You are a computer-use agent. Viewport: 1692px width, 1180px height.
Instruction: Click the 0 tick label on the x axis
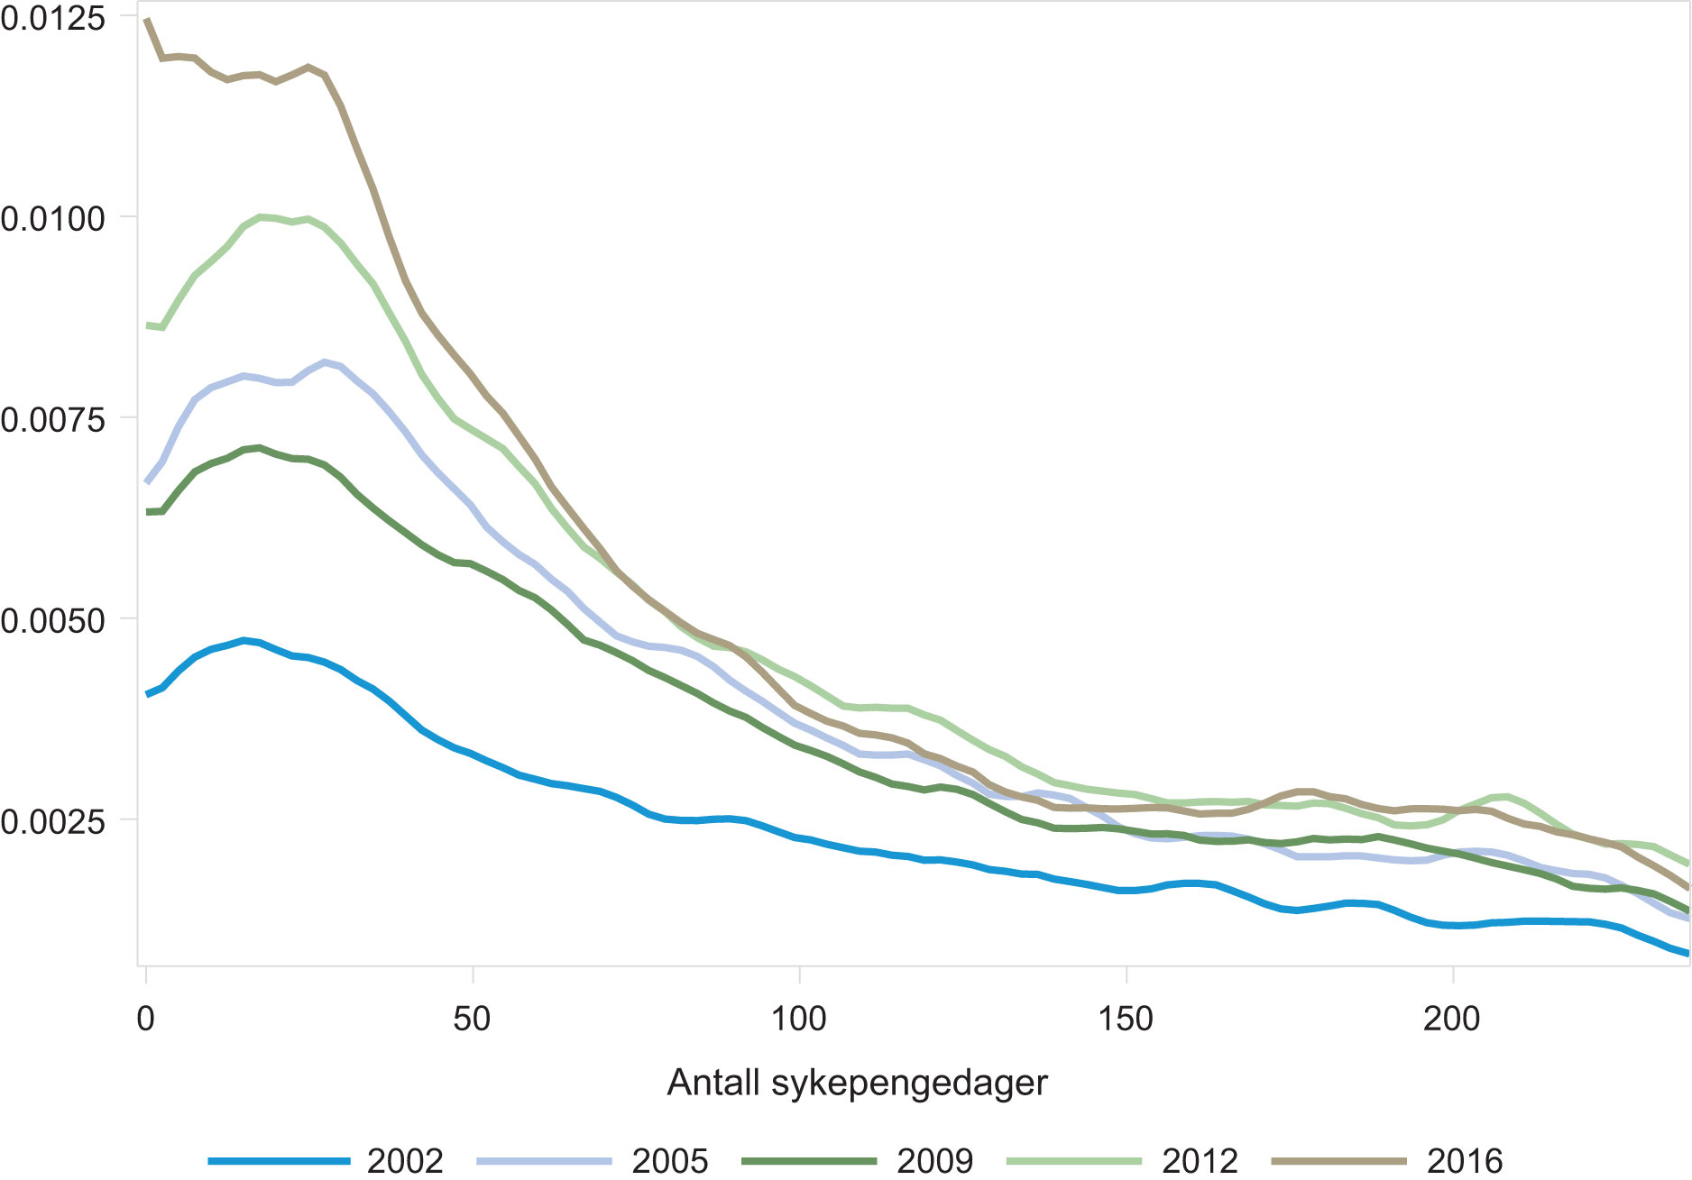145,1019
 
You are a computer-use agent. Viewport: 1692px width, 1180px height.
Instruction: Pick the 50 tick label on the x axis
472,1019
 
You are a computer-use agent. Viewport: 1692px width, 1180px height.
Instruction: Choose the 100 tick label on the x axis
798,1019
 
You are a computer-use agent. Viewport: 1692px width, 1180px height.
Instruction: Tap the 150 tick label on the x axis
1126,1019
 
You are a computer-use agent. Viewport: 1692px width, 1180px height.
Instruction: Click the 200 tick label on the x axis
1452,1019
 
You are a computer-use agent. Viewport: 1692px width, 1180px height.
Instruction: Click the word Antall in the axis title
713,1082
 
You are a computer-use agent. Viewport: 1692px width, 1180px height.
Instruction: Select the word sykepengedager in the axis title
909,1084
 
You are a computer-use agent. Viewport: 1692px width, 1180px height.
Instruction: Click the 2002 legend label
405,1161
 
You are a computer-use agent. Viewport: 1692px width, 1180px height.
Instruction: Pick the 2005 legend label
670,1161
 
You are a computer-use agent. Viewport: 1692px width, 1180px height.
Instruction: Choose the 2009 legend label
935,1161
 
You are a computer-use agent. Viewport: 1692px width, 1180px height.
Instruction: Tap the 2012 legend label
1200,1161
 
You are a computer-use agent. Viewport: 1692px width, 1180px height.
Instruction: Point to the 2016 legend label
1465,1161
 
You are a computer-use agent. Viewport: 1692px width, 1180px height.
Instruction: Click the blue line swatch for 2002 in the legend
279,1161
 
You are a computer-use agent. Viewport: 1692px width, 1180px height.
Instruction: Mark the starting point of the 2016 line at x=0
147,20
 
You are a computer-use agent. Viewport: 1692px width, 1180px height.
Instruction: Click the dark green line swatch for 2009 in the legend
809,1161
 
